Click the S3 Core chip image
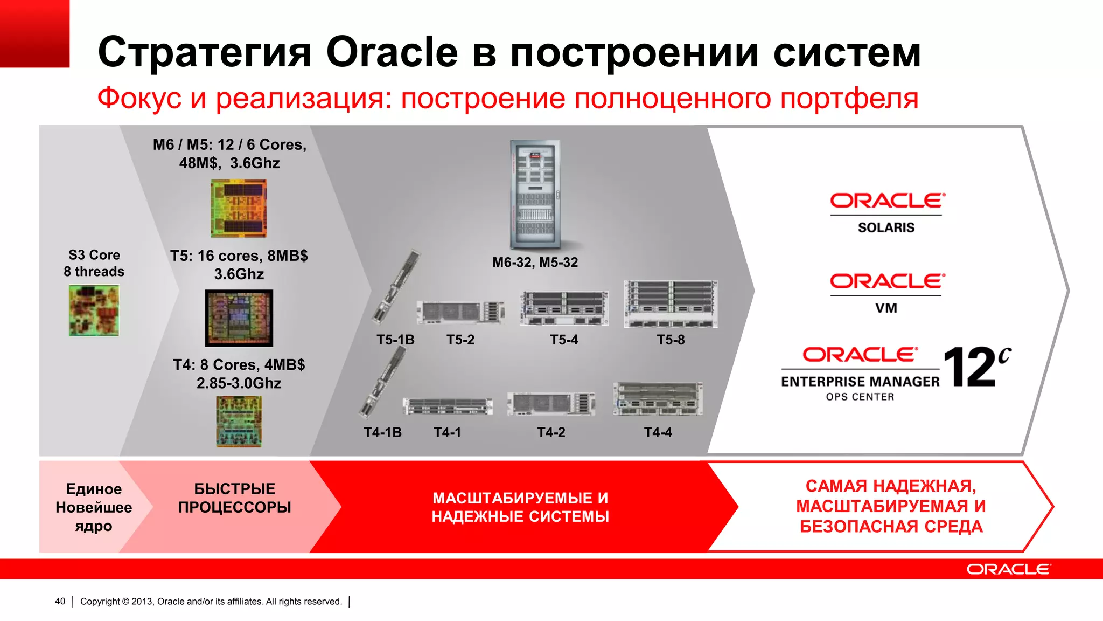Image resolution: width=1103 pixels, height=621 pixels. point(94,310)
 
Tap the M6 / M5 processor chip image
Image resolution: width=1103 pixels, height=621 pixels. point(239,208)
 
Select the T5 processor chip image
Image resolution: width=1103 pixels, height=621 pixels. point(239,318)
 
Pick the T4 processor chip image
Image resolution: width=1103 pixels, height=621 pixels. point(239,422)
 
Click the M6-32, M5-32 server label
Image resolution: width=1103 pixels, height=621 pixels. point(535,263)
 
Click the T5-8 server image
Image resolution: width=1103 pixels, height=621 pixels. point(671,304)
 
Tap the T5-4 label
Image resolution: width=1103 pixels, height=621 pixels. point(564,340)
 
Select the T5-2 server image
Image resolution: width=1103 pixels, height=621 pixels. point(460,312)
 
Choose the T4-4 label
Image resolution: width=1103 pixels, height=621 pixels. point(658,432)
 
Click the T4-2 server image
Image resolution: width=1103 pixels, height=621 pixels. point(551,404)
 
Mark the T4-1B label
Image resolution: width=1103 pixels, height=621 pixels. point(382,432)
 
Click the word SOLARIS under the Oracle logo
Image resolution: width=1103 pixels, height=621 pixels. point(886,227)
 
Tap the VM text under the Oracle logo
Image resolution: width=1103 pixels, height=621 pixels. point(886,308)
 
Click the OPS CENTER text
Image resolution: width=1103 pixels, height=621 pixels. point(860,397)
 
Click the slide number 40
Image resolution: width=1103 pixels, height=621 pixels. point(60,601)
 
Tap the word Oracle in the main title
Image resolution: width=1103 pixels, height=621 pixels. point(392,52)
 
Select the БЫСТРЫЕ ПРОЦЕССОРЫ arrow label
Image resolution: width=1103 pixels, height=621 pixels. point(234,498)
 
